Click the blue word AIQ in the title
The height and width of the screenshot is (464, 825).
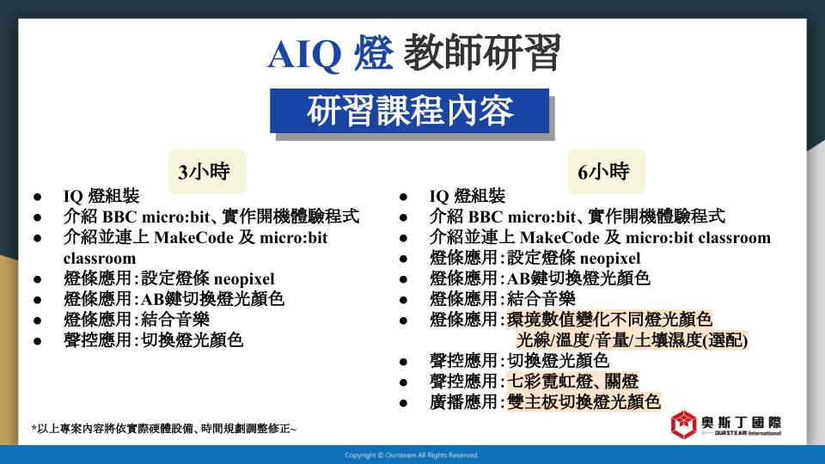tap(304, 53)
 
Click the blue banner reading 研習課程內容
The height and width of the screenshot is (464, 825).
tap(409, 111)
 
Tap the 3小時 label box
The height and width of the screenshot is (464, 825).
tap(207, 172)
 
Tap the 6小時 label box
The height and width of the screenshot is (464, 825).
tap(606, 172)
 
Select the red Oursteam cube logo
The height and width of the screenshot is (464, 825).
tap(683, 424)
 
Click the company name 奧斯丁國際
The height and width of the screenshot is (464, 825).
tap(742, 422)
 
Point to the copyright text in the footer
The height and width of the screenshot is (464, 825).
tap(412, 455)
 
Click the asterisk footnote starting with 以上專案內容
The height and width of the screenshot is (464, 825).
tap(163, 429)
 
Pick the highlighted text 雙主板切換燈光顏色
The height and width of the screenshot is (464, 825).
tap(584, 402)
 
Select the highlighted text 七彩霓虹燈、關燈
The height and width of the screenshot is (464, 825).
tap(572, 381)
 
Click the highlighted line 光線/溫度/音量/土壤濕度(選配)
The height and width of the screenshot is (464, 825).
tap(632, 340)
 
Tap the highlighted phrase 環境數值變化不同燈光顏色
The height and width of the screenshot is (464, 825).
tap(609, 320)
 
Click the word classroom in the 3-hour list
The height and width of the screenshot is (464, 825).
tap(100, 259)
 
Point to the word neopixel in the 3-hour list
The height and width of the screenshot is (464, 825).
tap(245, 278)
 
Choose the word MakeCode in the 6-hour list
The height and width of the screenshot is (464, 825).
tap(559, 238)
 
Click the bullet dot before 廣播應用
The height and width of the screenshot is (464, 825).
tap(404, 404)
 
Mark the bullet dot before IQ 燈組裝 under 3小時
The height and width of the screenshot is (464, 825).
tap(37, 198)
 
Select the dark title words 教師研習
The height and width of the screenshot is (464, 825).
tap(482, 52)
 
